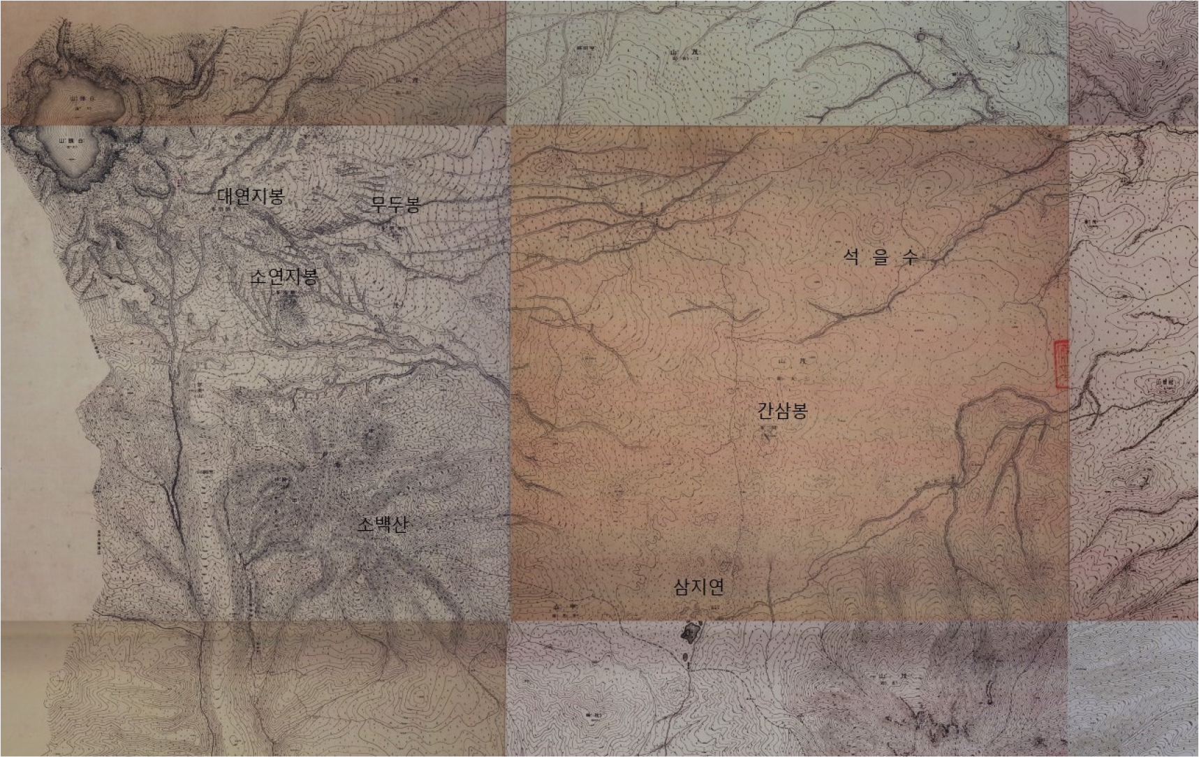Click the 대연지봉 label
pos(251,196)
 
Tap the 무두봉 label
pos(396,204)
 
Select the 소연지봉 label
pos(284,277)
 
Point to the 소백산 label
pos(382,524)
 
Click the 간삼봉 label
pos(783,411)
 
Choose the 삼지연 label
pos(698,587)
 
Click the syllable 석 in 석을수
pos(851,257)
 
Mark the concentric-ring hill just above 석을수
pos(878,226)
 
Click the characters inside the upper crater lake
pos(82,100)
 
